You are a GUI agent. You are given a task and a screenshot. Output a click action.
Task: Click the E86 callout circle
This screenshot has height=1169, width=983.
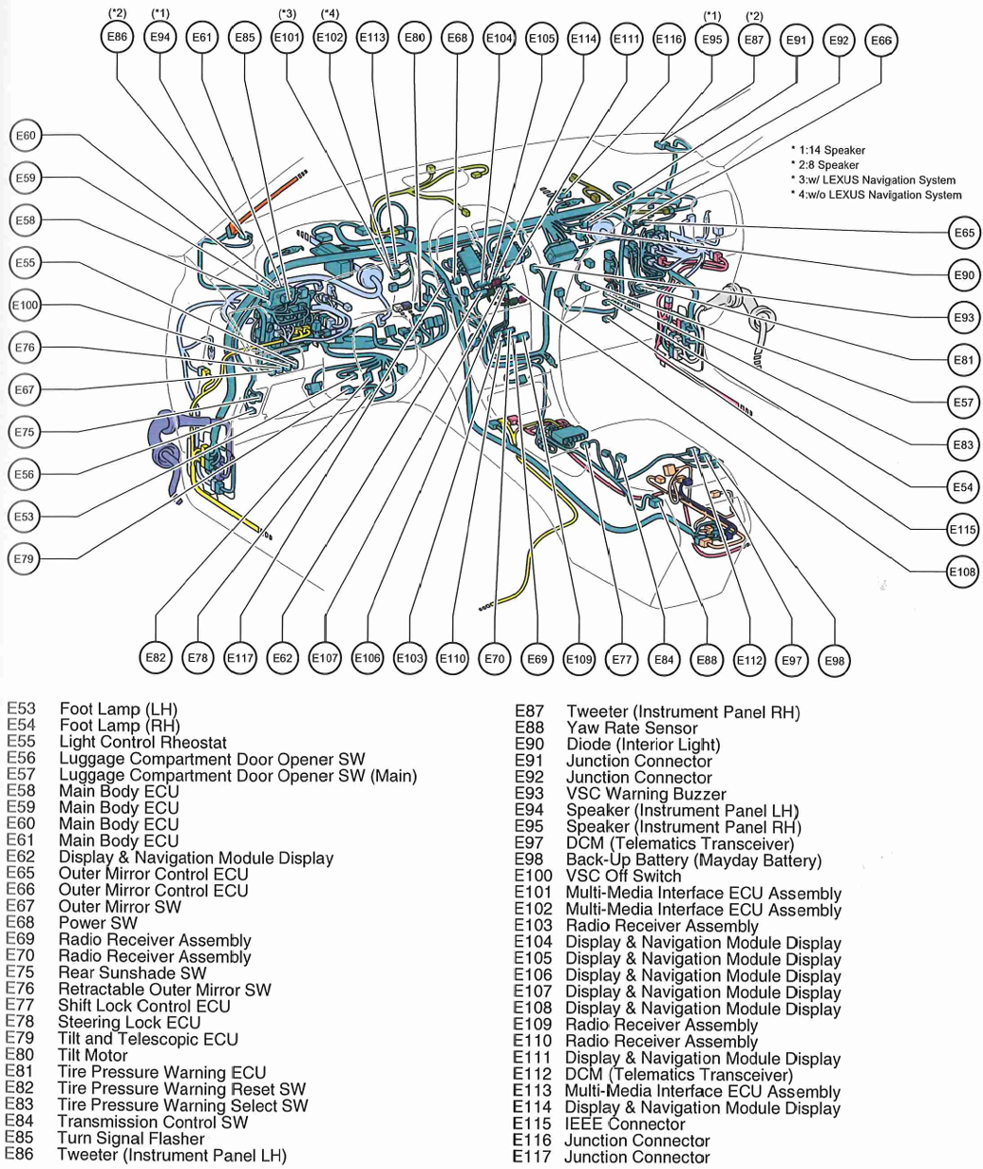tap(118, 39)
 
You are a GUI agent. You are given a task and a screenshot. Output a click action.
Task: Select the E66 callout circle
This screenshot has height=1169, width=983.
tap(880, 41)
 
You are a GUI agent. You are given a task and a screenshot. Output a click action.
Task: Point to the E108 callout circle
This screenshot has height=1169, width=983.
tap(962, 572)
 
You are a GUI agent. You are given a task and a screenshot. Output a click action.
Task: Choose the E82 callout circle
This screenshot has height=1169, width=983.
tap(157, 657)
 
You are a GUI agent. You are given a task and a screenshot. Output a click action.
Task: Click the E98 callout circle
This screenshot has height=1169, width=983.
tap(834, 660)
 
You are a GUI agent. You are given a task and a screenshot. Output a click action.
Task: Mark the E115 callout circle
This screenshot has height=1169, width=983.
tap(962, 530)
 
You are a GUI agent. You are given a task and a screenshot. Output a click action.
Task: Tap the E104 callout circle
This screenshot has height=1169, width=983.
tap(499, 39)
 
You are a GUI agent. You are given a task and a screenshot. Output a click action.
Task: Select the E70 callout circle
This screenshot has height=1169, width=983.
tap(495, 658)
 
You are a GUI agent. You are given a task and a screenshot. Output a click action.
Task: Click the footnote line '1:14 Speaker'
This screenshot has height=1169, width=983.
tap(827, 150)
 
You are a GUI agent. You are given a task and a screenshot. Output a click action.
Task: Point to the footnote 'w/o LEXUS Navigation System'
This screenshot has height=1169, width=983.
tap(881, 195)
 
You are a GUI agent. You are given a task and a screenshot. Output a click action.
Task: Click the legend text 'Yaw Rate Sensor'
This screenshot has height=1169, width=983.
tap(632, 728)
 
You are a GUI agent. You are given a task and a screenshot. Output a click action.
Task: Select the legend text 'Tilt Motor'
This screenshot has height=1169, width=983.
tap(93, 1055)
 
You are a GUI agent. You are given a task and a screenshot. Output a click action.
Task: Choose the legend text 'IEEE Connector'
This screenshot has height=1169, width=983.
tap(625, 1124)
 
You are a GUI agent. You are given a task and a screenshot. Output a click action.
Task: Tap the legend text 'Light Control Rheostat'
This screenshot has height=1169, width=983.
tap(142, 742)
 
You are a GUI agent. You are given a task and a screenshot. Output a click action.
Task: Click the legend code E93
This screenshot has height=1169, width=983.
tap(527, 794)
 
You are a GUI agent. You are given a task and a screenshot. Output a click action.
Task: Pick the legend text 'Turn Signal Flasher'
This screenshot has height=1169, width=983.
tap(131, 1138)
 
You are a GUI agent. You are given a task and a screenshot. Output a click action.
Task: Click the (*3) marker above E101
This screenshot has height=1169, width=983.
tap(287, 13)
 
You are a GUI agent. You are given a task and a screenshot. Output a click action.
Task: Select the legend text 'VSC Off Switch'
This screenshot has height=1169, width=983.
tap(623, 876)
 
